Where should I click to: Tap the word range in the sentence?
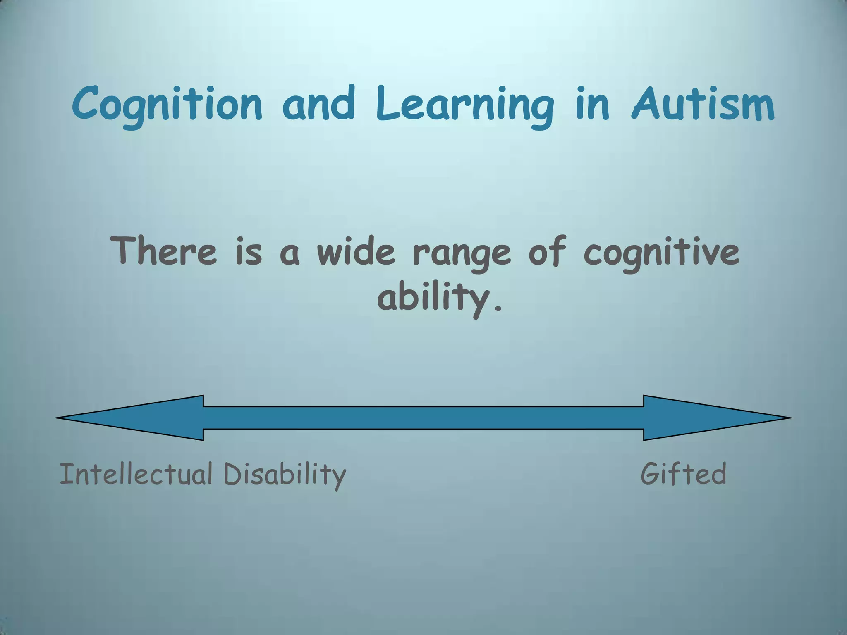coord(462,253)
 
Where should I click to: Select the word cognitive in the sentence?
coord(661,252)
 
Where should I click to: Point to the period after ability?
coord(498,308)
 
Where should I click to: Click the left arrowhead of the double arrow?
coord(132,418)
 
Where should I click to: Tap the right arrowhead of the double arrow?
coord(715,418)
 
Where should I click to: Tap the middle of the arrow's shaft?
coord(423,418)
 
